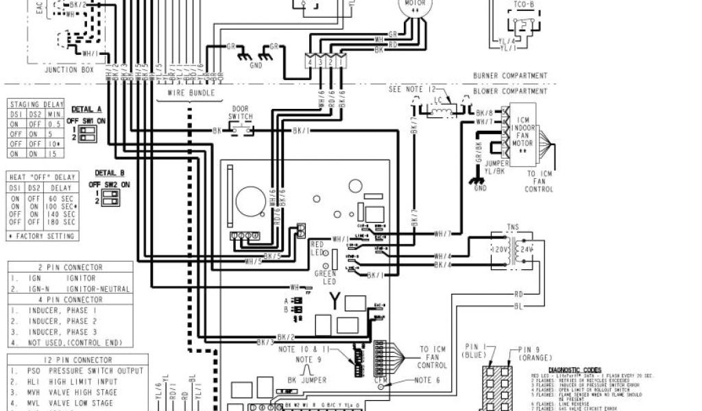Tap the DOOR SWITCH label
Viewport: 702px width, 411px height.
[241, 113]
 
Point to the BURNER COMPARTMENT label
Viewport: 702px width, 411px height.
[510, 76]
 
